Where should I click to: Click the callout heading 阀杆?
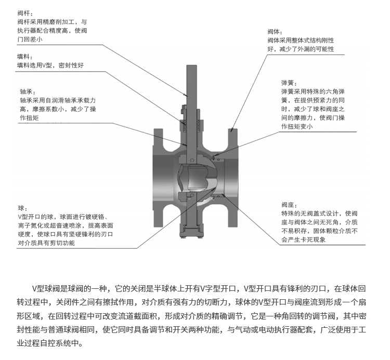point(24,11)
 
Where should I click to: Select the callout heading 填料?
point(24,56)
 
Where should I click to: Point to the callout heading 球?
point(22,207)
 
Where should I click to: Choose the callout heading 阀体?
point(275,31)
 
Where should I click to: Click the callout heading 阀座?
point(289,204)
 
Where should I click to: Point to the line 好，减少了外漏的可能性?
point(300,49)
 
